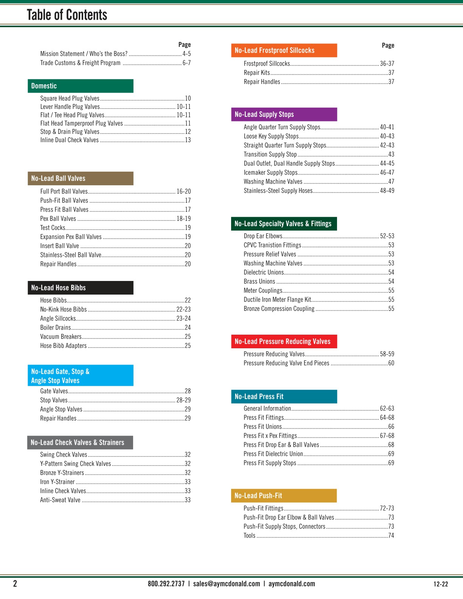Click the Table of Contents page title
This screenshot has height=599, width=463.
(67, 15)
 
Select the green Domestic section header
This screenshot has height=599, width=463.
(81, 86)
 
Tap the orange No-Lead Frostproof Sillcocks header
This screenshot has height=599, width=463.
(284, 50)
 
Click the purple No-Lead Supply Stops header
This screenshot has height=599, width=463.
(284, 114)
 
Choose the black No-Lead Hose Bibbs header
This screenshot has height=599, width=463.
(81, 288)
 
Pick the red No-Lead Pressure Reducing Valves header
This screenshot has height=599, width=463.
(284, 341)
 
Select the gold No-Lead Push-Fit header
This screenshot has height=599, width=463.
(284, 496)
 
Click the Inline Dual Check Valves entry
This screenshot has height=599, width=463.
(70, 140)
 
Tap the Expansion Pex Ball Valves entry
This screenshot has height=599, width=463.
(71, 237)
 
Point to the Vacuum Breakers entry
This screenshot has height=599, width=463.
(61, 337)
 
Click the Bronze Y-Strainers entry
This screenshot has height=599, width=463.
(62, 473)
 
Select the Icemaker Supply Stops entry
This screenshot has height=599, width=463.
(271, 173)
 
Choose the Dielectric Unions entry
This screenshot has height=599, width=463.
(264, 273)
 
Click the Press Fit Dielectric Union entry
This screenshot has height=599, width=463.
(273, 454)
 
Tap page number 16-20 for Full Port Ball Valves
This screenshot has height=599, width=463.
(183, 192)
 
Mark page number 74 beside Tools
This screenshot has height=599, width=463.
(391, 536)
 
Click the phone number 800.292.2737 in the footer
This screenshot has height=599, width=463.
(166, 584)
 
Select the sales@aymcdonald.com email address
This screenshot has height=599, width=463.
(227, 584)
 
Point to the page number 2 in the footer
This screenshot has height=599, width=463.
(15, 584)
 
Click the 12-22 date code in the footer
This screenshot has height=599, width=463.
(441, 584)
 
